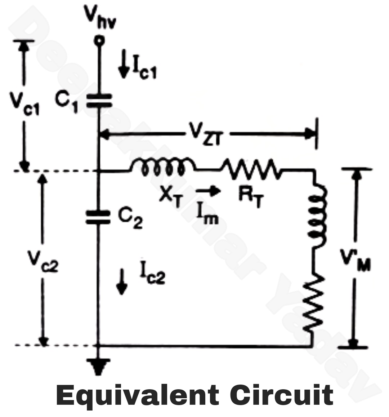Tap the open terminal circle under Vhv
pos(99,41)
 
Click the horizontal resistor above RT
pos(251,168)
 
